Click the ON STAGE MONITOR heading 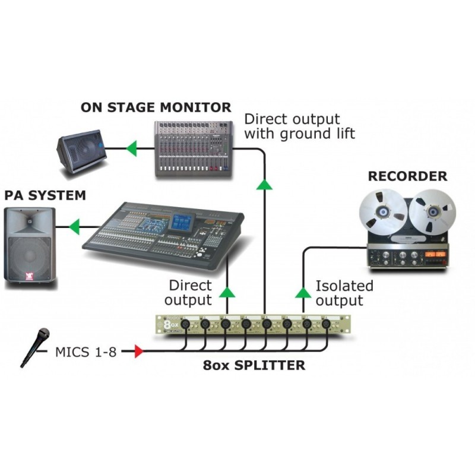click(156, 107)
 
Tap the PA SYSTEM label click(45, 195)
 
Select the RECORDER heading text click(407, 176)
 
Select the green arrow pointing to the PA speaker click(74, 226)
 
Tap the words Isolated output click(344, 293)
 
